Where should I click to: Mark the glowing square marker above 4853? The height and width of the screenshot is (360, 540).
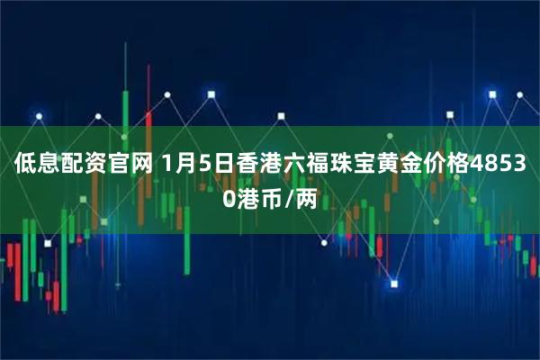click(491, 92)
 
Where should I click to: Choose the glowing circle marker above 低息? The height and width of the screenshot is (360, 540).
click(38, 115)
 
